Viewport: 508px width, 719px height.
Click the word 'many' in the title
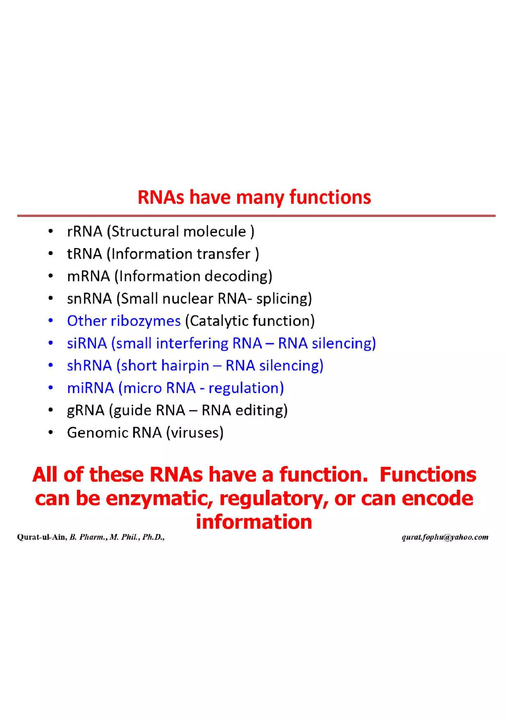260,198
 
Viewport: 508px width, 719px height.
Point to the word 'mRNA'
89,276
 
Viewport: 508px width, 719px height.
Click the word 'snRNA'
90,298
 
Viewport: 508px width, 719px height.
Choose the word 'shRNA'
90,365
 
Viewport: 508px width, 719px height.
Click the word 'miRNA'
91,388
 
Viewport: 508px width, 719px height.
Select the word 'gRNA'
85,410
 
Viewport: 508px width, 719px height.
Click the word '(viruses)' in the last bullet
195,433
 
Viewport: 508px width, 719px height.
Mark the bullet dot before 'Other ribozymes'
51,321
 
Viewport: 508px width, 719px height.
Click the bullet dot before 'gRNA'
51,410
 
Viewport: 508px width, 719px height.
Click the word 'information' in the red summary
254,522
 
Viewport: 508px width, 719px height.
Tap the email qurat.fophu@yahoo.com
445,537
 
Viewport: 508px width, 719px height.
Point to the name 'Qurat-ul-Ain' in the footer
42,537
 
